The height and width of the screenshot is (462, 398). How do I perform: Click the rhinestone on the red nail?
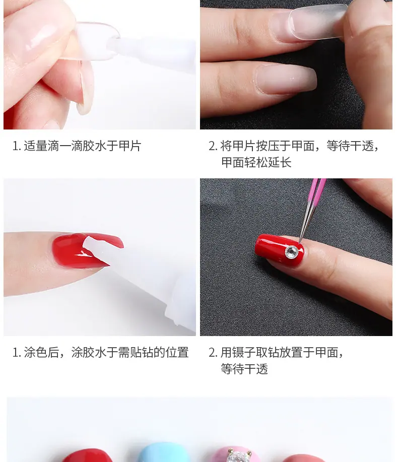point(291,252)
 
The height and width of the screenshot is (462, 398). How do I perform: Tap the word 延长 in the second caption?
point(280,162)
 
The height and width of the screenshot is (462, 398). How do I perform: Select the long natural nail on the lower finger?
point(285,80)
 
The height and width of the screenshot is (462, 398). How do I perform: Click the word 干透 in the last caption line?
point(256,369)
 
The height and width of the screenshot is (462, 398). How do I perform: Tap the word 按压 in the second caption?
point(268,146)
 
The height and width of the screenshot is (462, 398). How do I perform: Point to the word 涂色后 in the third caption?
point(41,352)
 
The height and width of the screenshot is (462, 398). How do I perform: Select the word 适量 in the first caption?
point(36,146)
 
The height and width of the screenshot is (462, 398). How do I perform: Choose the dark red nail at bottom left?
point(87,456)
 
